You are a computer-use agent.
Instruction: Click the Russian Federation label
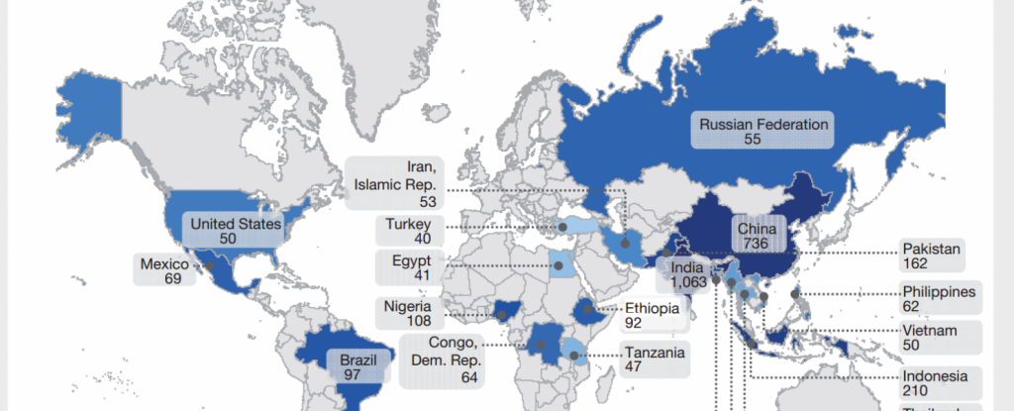[761, 132]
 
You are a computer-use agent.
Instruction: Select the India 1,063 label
[686, 274]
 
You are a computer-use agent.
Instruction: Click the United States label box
[235, 231]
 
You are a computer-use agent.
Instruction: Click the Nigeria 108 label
[408, 314]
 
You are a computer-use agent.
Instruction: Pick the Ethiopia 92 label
[651, 315]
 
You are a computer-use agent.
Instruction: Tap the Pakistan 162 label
[931, 256]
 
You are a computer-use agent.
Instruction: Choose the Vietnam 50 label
[927, 338]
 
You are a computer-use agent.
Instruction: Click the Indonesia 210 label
[934, 383]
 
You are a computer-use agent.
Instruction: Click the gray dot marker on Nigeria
[503, 315]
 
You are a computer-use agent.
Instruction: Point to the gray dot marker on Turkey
[562, 227]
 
